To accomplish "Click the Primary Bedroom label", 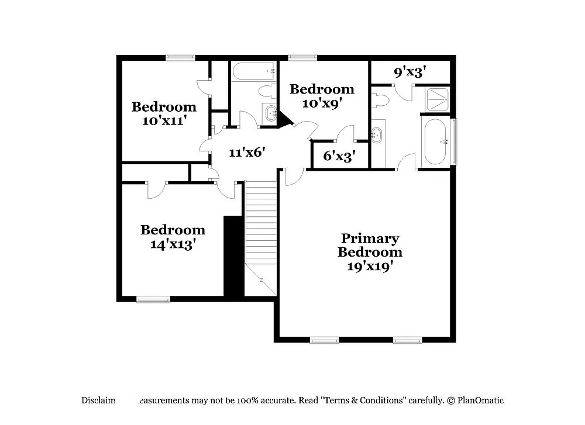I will click(x=370, y=246).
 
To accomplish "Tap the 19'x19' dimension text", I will click(x=370, y=266).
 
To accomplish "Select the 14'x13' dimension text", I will click(x=173, y=244).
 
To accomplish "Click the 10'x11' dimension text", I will click(x=164, y=121).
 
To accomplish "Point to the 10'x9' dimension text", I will click(x=322, y=103).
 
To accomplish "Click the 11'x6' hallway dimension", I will click(x=247, y=153).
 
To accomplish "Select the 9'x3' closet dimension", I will click(x=409, y=72).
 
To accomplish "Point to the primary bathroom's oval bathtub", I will click(x=435, y=142).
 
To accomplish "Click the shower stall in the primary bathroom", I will click(x=437, y=99).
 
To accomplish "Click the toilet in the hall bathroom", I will click(x=267, y=91).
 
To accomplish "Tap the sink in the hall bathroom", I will click(x=270, y=113).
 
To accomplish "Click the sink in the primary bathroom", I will click(x=377, y=136).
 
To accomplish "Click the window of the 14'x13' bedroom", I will click(x=153, y=299).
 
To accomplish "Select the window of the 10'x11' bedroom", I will click(x=180, y=57).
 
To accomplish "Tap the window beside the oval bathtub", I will click(x=455, y=141).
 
